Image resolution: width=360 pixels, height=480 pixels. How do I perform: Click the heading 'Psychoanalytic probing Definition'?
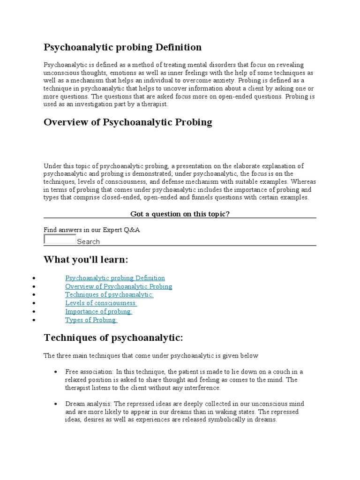click(x=122, y=47)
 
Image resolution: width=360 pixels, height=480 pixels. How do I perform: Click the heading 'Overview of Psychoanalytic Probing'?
click(x=127, y=122)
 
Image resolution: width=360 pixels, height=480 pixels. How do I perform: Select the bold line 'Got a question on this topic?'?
click(x=180, y=214)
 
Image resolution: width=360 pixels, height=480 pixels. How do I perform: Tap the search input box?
click(x=60, y=240)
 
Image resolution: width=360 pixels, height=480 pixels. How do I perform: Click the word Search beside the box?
click(x=88, y=242)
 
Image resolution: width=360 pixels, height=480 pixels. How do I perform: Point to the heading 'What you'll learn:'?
click(x=86, y=260)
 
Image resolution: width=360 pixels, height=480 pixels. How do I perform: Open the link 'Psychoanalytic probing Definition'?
click(x=115, y=278)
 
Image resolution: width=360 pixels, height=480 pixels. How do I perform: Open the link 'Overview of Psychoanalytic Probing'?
click(x=119, y=286)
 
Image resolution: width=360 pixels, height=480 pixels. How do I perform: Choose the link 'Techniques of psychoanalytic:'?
click(x=109, y=295)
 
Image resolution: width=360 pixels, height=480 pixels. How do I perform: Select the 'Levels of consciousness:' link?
click(x=101, y=303)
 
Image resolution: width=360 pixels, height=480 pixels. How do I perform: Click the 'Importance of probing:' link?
click(x=98, y=312)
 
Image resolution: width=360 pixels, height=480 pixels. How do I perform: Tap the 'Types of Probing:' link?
click(x=91, y=320)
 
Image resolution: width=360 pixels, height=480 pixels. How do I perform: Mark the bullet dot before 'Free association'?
click(x=56, y=372)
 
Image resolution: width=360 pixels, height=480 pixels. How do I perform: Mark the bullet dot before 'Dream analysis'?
click(x=56, y=404)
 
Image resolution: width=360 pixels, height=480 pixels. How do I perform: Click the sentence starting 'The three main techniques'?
click(x=151, y=356)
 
